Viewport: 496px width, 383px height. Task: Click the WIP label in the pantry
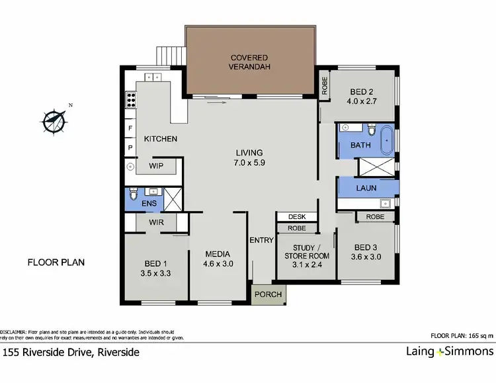pyautogui.click(x=156, y=165)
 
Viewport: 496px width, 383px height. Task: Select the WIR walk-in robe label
pyautogui.click(x=156, y=223)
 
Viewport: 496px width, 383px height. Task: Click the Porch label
pyautogui.click(x=268, y=294)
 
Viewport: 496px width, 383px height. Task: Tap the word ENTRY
pyautogui.click(x=262, y=240)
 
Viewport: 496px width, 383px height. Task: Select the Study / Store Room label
pyautogui.click(x=306, y=255)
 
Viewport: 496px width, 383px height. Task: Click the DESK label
pyautogui.click(x=296, y=217)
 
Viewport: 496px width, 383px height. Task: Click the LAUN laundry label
pyautogui.click(x=366, y=188)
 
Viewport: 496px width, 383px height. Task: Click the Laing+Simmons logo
pyautogui.click(x=449, y=352)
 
